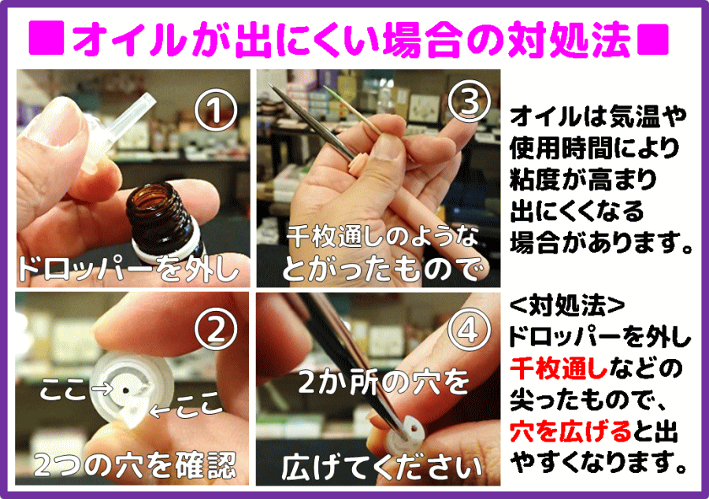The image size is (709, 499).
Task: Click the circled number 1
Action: click(x=215, y=109)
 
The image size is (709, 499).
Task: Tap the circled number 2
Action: click(x=216, y=329)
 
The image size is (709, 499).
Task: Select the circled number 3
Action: click(x=470, y=102)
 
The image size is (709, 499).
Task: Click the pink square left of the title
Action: click(x=46, y=39)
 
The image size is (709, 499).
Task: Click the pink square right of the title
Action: click(x=652, y=39)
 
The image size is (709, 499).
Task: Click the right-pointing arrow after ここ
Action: click(x=102, y=387)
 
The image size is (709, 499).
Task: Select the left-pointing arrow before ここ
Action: click(x=161, y=411)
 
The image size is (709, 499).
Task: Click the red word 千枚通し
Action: click(x=559, y=369)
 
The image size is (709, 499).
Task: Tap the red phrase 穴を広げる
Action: click(x=570, y=431)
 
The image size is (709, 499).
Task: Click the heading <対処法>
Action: click(x=567, y=305)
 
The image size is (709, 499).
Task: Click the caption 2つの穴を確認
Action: click(x=135, y=464)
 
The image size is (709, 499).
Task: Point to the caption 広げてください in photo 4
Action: click(x=382, y=467)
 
